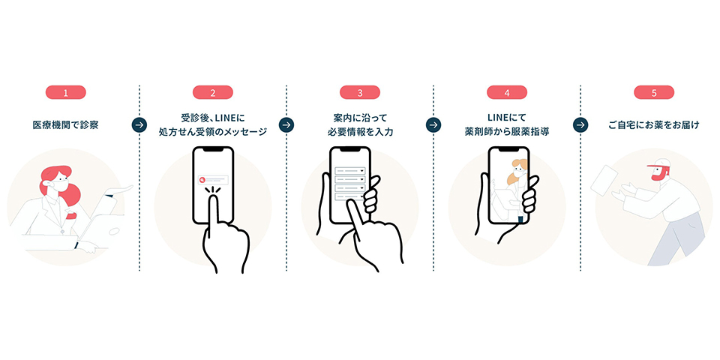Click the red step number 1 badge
click(x=66, y=93)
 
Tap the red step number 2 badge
click(x=213, y=93)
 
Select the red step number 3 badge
click(x=360, y=93)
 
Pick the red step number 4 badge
click(x=507, y=93)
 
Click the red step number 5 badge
click(x=654, y=93)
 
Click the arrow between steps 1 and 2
click(x=139, y=124)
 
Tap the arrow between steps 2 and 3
click(x=286, y=124)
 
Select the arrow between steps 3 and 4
click(x=433, y=124)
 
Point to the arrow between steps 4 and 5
click(x=580, y=124)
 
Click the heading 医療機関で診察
click(x=66, y=125)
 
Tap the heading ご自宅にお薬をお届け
click(x=654, y=125)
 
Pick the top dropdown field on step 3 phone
click(x=351, y=171)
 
